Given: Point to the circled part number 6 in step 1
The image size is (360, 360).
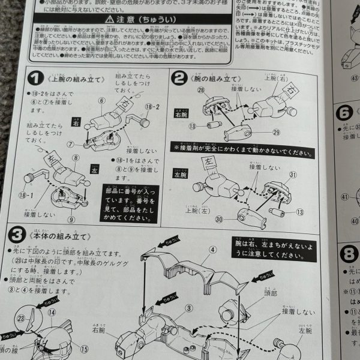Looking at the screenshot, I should click(x=103, y=100).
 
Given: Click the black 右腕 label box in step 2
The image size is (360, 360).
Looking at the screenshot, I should click(x=182, y=113).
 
